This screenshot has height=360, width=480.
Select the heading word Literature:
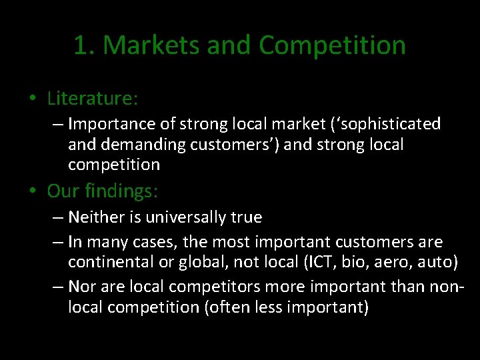(93, 99)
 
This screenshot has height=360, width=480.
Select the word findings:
(124, 192)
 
